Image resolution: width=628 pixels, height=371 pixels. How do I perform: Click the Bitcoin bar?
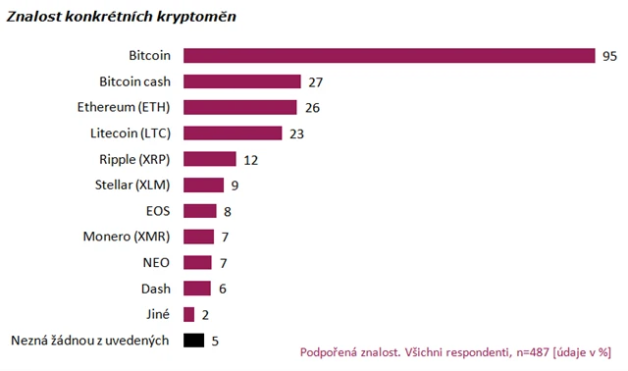click(x=389, y=55)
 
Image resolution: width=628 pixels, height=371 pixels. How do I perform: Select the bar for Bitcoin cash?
click(x=241, y=81)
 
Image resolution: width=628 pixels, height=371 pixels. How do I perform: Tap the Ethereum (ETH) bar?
click(x=239, y=107)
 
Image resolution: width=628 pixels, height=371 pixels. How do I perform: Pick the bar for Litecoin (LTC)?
click(x=233, y=132)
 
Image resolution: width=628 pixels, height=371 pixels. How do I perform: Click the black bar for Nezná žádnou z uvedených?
click(x=193, y=341)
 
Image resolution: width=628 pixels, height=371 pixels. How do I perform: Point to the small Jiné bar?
click(x=188, y=314)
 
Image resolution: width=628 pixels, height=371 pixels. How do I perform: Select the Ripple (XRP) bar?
click(x=209, y=159)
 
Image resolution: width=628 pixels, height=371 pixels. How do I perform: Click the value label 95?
click(x=609, y=56)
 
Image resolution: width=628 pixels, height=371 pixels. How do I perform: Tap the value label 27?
click(x=315, y=81)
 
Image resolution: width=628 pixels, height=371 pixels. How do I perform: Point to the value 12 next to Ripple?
click(x=250, y=159)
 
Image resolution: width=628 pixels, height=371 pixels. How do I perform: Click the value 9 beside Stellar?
click(x=234, y=185)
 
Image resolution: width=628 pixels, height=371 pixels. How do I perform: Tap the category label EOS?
click(x=157, y=210)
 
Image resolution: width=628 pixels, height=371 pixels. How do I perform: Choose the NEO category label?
click(x=156, y=262)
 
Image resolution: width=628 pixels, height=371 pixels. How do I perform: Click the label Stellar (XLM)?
click(x=136, y=185)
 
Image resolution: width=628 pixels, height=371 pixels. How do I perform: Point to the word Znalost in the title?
click(x=29, y=17)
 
